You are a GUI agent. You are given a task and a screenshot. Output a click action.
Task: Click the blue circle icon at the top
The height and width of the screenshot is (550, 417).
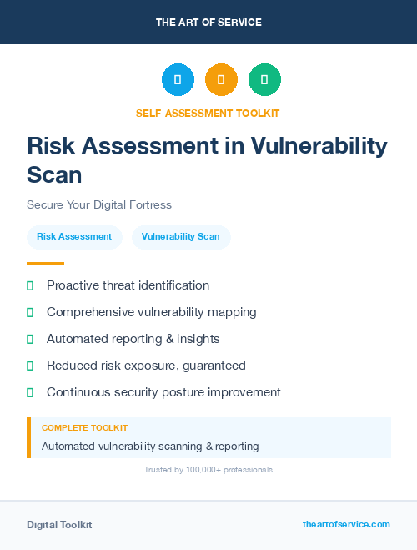pos(178,80)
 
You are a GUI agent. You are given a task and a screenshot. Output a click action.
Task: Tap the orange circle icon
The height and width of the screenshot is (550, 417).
pos(221,80)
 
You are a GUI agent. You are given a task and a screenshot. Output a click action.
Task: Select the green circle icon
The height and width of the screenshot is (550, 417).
pos(264,80)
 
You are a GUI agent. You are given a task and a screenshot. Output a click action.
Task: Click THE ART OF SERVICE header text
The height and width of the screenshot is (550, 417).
pos(208,23)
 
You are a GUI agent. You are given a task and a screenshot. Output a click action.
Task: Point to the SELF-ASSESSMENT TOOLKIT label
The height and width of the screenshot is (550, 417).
pos(208,113)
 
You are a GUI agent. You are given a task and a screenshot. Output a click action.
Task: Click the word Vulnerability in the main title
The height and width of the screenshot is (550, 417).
pos(330,146)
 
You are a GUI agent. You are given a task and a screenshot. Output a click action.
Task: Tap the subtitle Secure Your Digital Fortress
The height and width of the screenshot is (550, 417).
pos(98,204)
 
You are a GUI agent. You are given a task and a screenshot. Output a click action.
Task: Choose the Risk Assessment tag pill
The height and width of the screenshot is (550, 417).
pos(74,237)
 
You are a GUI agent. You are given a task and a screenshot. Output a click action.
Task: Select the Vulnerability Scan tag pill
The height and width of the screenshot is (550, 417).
pos(181,237)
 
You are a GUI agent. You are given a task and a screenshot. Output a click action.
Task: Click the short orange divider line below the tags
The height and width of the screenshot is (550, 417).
pos(45,264)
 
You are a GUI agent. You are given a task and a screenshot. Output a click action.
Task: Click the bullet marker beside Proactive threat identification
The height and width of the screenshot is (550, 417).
pos(30,286)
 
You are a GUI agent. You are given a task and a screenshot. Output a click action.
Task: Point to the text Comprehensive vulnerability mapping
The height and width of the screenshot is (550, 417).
pos(151,312)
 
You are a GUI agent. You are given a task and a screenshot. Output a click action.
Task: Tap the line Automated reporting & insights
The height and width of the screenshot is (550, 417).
pos(133,339)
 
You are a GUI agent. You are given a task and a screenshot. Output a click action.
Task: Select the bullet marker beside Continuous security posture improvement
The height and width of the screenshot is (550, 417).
pos(30,392)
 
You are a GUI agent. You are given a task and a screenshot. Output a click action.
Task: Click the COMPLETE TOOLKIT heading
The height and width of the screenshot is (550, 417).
pos(84,428)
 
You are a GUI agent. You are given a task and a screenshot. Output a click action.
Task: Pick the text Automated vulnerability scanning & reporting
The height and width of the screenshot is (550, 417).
pos(150,447)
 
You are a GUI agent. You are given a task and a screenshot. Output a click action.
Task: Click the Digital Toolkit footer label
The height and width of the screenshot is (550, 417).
pos(59,525)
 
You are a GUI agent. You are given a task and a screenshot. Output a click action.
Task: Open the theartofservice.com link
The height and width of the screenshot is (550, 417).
pos(346,524)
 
